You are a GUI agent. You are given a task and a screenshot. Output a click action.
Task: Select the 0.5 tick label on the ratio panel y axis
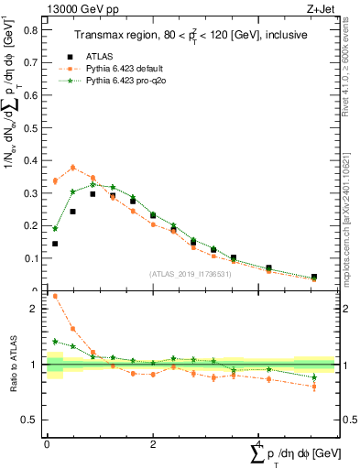[x=31, y=420]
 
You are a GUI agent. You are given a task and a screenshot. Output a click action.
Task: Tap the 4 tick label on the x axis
[x=260, y=443]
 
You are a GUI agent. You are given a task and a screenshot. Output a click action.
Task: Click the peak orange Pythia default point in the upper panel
[x=73, y=168]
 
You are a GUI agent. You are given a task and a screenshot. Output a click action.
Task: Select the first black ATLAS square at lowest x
[x=55, y=244]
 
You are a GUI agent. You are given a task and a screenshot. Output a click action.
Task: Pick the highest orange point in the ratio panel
[x=55, y=296]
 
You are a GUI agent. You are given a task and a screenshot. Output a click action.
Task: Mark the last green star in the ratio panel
[x=314, y=376]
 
